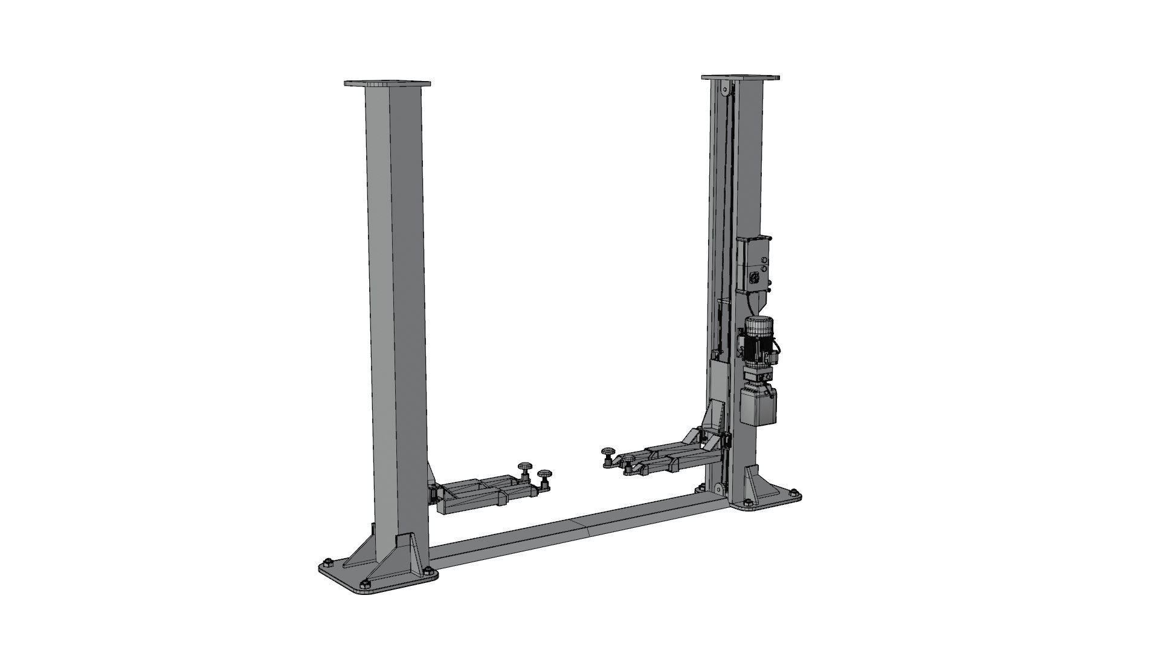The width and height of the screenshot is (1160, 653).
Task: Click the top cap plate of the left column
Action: tap(387, 83)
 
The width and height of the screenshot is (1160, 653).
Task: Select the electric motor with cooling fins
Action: tap(756, 342)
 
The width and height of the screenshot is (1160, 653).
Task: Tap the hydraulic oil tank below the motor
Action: tap(759, 406)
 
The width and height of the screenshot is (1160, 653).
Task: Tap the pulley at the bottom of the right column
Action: tap(717, 489)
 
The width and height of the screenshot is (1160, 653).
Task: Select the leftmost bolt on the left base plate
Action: tap(327, 559)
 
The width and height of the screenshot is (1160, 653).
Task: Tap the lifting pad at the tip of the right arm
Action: tap(607, 452)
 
